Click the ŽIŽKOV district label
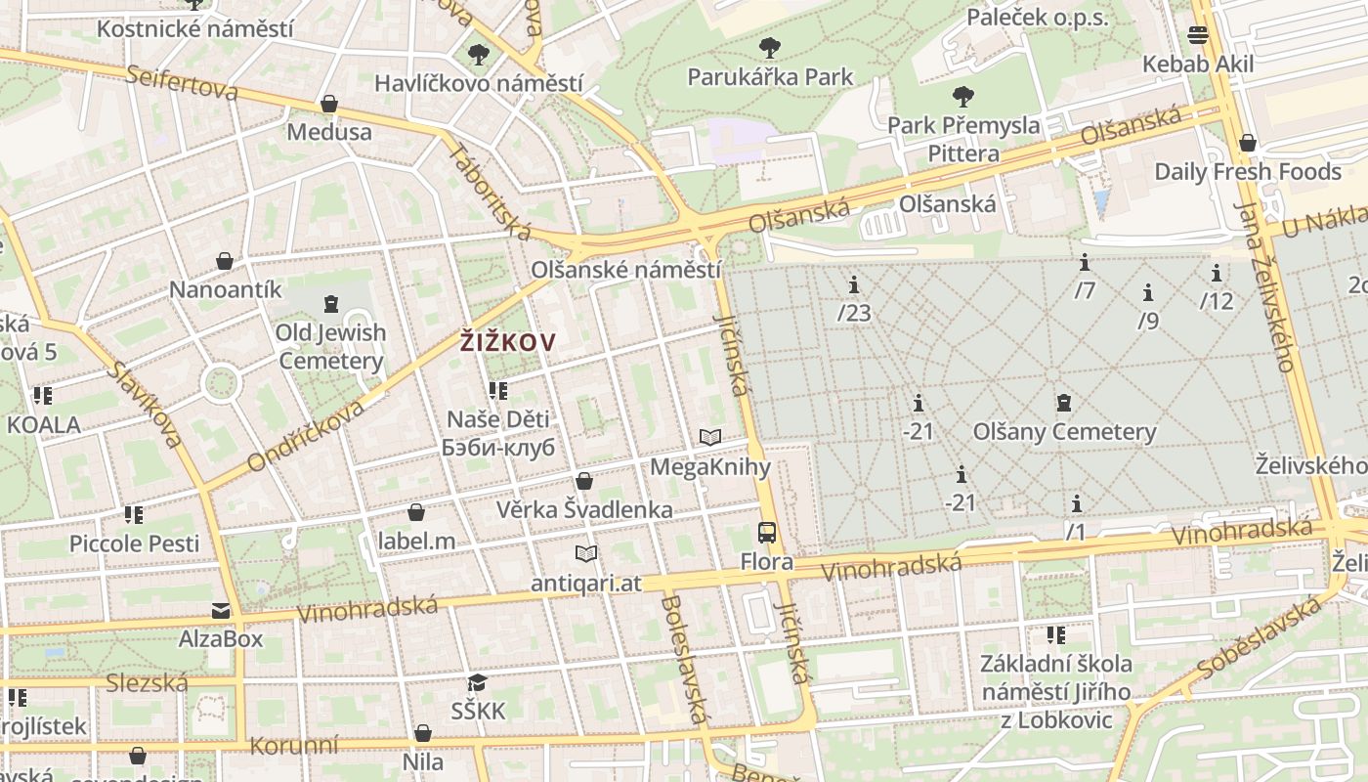507,342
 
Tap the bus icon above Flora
767,533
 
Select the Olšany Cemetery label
1064,431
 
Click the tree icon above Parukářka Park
770,47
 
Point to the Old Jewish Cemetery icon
330,303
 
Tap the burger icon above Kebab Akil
1198,35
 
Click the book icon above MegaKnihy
710,438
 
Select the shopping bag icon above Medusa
329,104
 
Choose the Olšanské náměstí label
625,270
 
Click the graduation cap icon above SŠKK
477,682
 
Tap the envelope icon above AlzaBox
221,611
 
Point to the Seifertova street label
183,83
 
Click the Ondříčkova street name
306,435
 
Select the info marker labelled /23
854,284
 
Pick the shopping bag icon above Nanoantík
225,261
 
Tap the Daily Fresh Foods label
1248,172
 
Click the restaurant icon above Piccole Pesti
134,514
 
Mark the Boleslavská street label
682,659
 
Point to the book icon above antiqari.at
586,554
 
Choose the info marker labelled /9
1148,292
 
